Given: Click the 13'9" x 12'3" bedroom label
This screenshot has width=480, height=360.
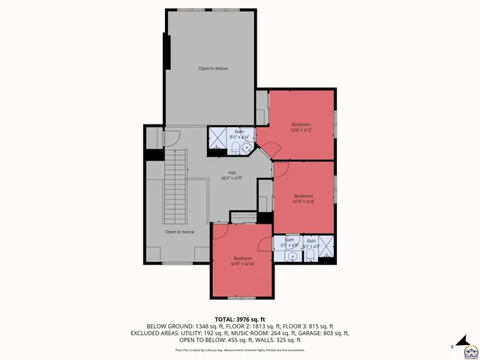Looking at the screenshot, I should tap(301, 126).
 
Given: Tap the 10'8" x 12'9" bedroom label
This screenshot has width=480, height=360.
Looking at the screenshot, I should tap(303, 199).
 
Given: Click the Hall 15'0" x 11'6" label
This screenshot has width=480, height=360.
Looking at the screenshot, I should tap(222, 175).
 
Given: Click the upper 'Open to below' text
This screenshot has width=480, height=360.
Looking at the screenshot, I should tap(213, 68).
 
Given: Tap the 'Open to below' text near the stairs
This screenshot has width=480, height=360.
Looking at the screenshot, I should tap(180, 232).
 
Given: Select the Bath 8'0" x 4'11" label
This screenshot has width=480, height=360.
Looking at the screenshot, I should tap(239, 134).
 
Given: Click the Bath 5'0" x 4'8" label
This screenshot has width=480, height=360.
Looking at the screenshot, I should tap(289, 243).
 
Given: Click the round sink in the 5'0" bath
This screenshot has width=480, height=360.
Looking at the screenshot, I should tap(290, 256).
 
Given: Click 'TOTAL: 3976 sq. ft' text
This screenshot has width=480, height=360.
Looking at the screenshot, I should tap(240, 319).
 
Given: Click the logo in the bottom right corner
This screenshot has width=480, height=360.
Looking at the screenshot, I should tap(469, 349).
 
